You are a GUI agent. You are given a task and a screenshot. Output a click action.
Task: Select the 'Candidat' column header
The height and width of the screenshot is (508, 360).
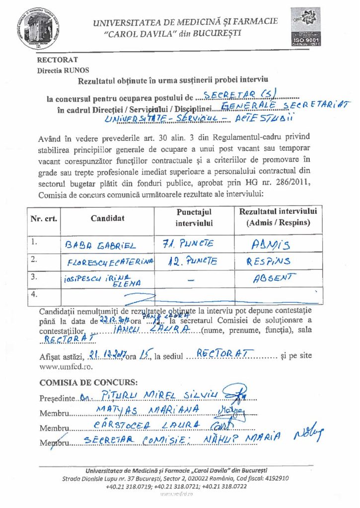(x=108, y=218)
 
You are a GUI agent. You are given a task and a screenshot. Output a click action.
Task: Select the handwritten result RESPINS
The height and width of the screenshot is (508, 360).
(x=268, y=261)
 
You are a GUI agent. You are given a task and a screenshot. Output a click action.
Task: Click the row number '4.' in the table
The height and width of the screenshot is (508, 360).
(x=35, y=295)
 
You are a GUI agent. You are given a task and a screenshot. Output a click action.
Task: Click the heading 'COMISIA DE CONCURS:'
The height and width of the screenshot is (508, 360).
(x=89, y=382)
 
